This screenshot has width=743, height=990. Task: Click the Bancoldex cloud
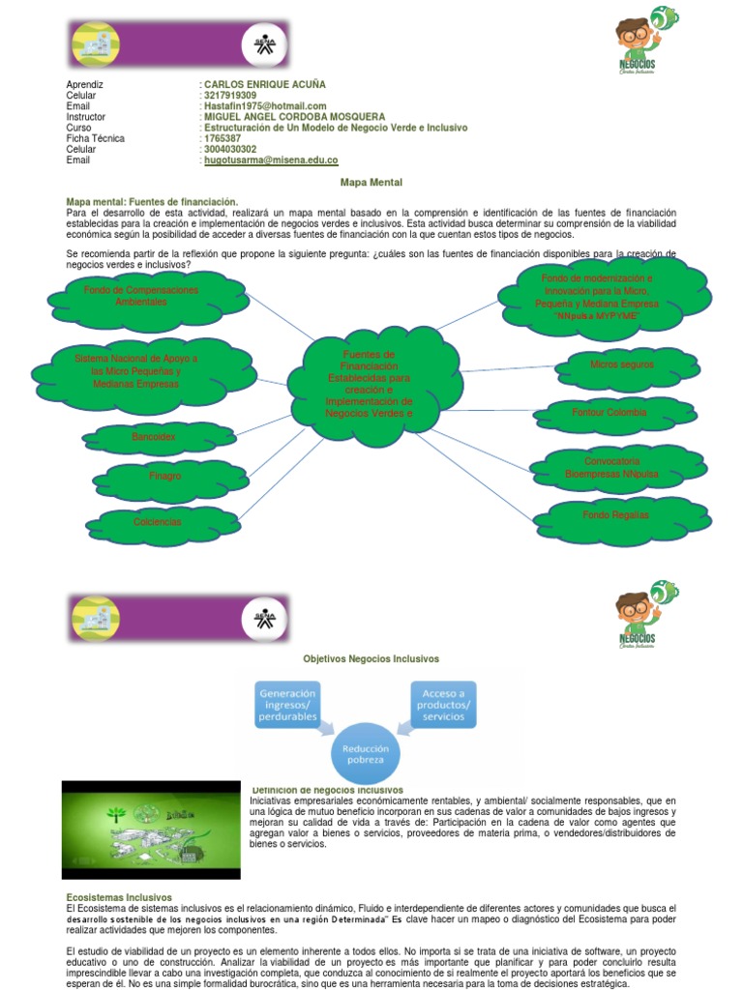(154, 438)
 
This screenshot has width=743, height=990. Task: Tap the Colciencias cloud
(157, 522)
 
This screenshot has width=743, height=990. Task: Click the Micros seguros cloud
(621, 364)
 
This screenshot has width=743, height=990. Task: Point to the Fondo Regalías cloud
(615, 515)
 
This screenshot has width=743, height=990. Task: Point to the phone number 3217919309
(230, 96)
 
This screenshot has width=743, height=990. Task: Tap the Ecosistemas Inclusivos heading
(118, 898)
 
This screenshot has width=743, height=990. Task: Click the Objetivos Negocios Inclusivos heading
(371, 658)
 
